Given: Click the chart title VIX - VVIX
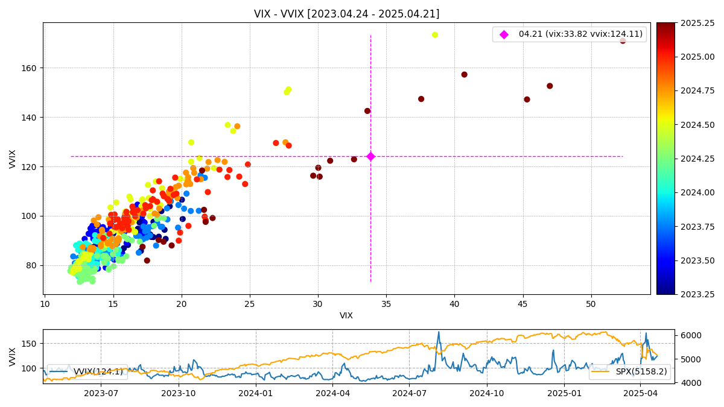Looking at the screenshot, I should point(346,14).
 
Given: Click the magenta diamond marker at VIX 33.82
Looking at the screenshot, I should point(370,156).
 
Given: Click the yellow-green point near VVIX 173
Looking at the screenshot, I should point(435,35).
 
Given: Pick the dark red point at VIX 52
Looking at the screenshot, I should point(623,41).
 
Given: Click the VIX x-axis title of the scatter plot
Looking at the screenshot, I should point(346,315).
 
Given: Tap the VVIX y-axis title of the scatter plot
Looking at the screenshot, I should point(13,159).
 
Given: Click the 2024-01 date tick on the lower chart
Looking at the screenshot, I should point(256,393).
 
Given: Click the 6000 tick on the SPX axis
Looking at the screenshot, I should point(691,335).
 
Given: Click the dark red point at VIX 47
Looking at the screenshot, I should point(550,86).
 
